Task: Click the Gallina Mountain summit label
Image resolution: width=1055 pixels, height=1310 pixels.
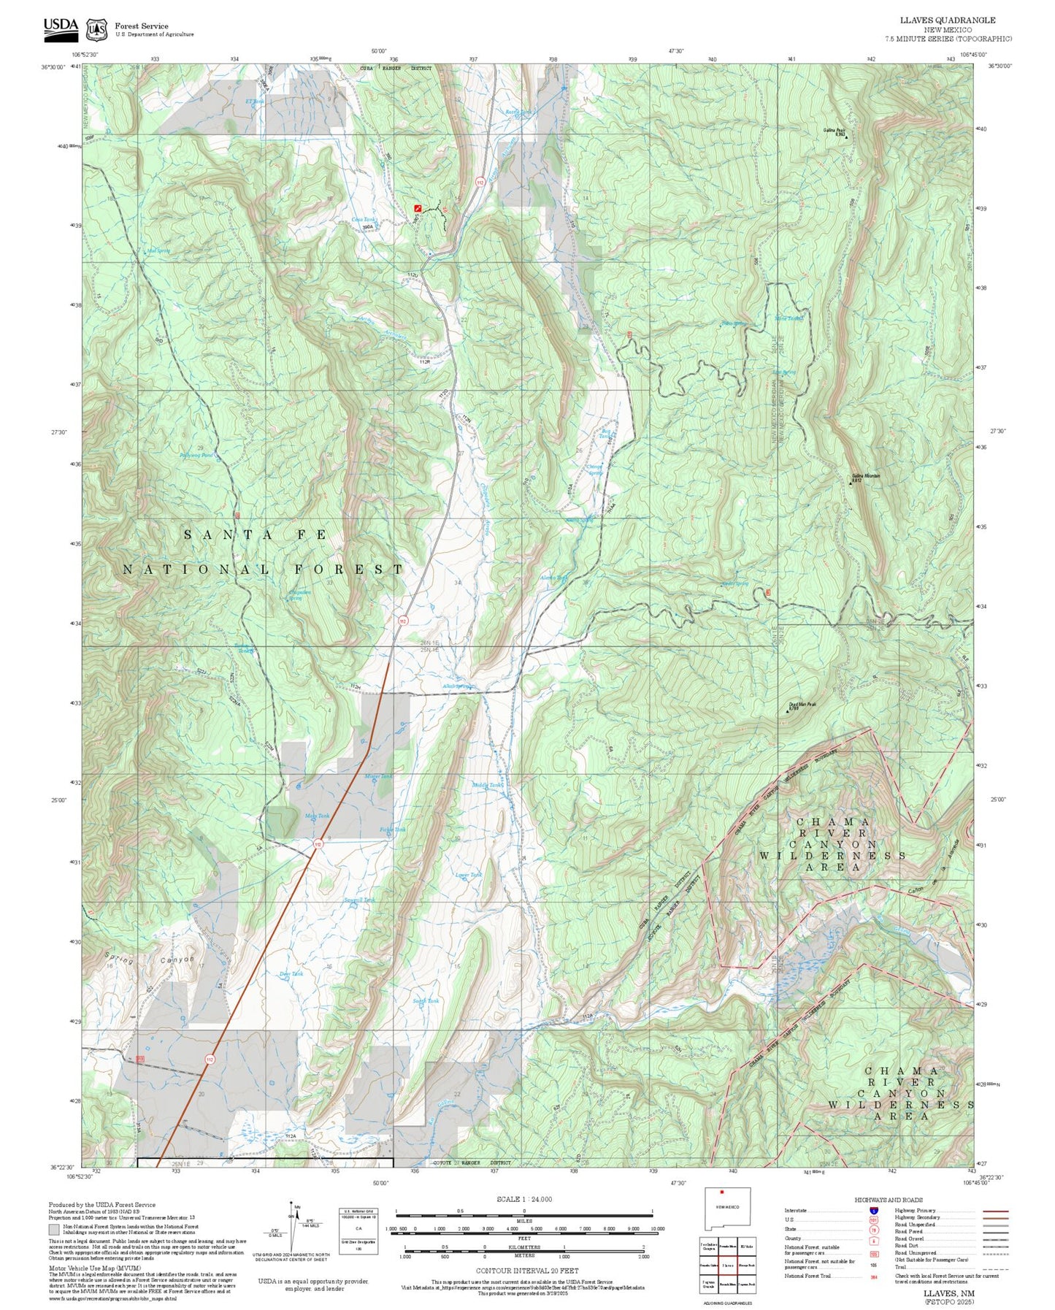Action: coord(865,476)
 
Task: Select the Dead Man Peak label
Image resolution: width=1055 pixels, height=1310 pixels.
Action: coord(802,705)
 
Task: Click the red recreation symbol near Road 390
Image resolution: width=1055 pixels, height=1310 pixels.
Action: coord(418,207)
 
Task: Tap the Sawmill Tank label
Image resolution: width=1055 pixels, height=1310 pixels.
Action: coord(359,900)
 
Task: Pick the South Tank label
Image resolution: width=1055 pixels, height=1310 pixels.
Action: coord(426,1001)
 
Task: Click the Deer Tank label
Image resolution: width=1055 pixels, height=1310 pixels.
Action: coord(291,974)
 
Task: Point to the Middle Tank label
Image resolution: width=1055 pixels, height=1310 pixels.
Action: coord(487,785)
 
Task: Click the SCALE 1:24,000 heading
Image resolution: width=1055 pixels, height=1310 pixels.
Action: coord(523,1199)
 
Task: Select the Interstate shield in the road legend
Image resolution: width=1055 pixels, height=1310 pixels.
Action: coord(874,1211)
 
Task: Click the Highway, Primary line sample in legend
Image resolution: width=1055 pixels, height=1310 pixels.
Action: coord(995,1211)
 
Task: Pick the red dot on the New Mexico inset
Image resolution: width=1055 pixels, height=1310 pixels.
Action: coord(721,1213)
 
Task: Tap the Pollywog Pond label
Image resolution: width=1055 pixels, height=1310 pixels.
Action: coord(196,455)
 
